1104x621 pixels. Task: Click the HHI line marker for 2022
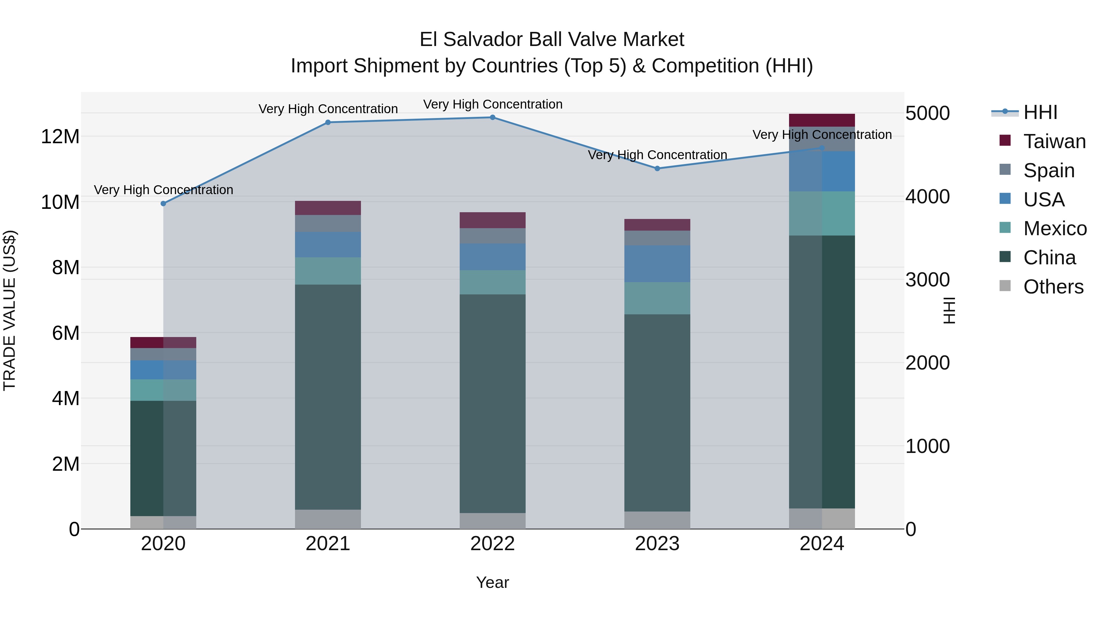click(x=493, y=117)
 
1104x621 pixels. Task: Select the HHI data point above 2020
click(x=163, y=204)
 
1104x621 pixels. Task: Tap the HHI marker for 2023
click(x=657, y=168)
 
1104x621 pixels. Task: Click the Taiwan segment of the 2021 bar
click(x=328, y=208)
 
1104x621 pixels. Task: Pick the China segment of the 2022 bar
click(x=493, y=403)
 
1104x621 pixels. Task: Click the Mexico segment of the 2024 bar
click(x=822, y=213)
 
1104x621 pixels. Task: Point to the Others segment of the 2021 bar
click(x=328, y=519)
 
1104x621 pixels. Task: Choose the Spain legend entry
click(x=1049, y=171)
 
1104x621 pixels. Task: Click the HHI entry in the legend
click(x=1040, y=113)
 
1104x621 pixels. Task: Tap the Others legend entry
click(x=1053, y=287)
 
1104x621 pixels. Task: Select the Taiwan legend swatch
click(x=1005, y=140)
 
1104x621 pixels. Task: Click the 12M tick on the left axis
click(x=60, y=137)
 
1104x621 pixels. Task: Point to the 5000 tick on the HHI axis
click(x=927, y=113)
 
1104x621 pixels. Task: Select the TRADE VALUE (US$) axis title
click(x=10, y=310)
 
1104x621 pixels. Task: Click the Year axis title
click(x=493, y=582)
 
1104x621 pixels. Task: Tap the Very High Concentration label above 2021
click(x=328, y=109)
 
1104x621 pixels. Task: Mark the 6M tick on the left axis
click(x=66, y=333)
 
